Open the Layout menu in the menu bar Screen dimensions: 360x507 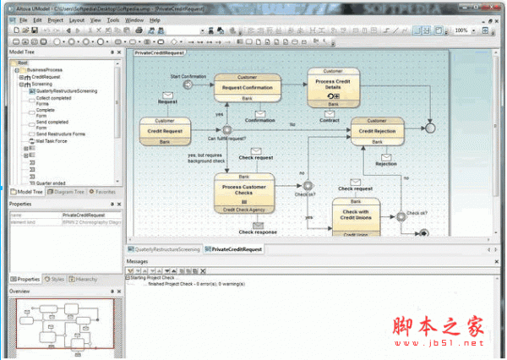tap(77, 19)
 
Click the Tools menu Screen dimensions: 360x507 tap(112, 19)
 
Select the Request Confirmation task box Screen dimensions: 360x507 tap(247, 87)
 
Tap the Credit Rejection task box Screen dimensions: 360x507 tap(378, 132)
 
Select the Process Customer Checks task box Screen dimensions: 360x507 tap(243, 191)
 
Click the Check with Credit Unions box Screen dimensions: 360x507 tap(356, 216)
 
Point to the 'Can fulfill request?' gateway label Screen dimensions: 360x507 tap(226, 139)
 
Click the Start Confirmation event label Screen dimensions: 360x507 tap(188, 76)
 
